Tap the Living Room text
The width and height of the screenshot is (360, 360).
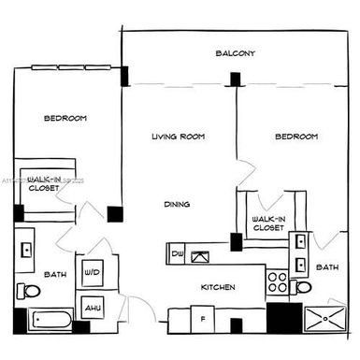click(178, 137)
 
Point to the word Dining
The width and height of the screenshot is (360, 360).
click(177, 204)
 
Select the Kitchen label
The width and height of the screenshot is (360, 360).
click(216, 287)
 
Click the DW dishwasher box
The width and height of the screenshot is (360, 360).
click(178, 253)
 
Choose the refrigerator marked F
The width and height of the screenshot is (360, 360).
click(203, 319)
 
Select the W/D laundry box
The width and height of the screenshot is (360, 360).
click(93, 273)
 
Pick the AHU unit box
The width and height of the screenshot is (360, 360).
click(93, 307)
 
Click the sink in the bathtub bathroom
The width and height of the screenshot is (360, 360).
click(26, 251)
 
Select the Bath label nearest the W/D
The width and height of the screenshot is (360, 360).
click(54, 275)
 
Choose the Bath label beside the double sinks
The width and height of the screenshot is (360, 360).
click(326, 267)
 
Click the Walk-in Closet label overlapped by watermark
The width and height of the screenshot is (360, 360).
click(43, 182)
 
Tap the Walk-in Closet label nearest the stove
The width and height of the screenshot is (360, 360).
click(268, 223)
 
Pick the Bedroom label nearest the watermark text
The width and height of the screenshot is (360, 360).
click(66, 118)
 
